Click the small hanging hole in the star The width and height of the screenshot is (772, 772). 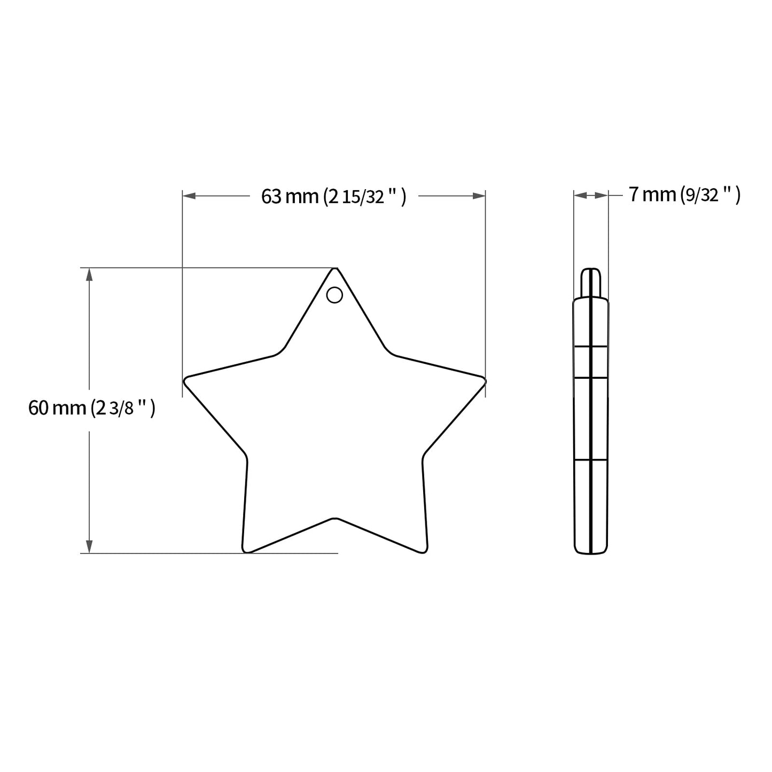(334, 295)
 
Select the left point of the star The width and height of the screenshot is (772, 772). (186, 380)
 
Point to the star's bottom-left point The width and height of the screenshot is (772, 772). (246, 549)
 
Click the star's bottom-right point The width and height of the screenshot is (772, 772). (425, 549)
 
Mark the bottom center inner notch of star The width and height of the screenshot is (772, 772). (335, 519)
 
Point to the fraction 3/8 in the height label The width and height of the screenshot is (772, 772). (121, 410)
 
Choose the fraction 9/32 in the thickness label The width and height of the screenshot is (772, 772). (701, 196)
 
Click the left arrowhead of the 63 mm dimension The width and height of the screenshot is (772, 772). (189, 197)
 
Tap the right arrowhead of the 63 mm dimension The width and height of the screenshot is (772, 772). (479, 197)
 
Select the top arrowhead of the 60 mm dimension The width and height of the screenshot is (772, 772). (89, 274)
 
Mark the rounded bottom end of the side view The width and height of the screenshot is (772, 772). (591, 551)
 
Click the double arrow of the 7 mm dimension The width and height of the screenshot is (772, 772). (591, 196)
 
